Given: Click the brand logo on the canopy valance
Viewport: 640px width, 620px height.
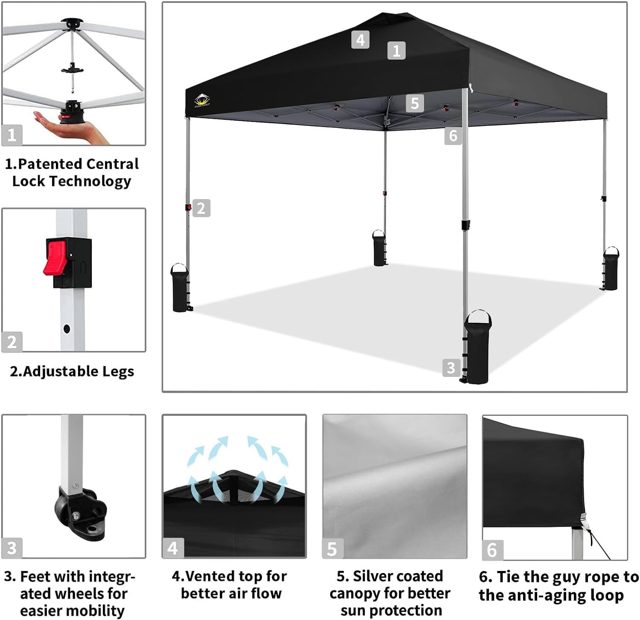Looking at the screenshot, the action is point(201,101).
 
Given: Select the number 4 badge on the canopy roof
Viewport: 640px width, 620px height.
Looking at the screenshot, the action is point(360,40).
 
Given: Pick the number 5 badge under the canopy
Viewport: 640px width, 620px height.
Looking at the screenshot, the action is point(415,103).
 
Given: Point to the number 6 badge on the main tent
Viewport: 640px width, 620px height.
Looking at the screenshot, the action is point(453,136).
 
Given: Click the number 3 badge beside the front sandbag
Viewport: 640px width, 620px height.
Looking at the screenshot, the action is point(451,368).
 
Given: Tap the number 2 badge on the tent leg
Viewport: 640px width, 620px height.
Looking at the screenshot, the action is point(201,208).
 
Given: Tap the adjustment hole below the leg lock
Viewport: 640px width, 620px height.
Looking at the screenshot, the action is point(67,329).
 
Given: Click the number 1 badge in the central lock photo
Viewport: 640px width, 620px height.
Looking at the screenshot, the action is point(12,135).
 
